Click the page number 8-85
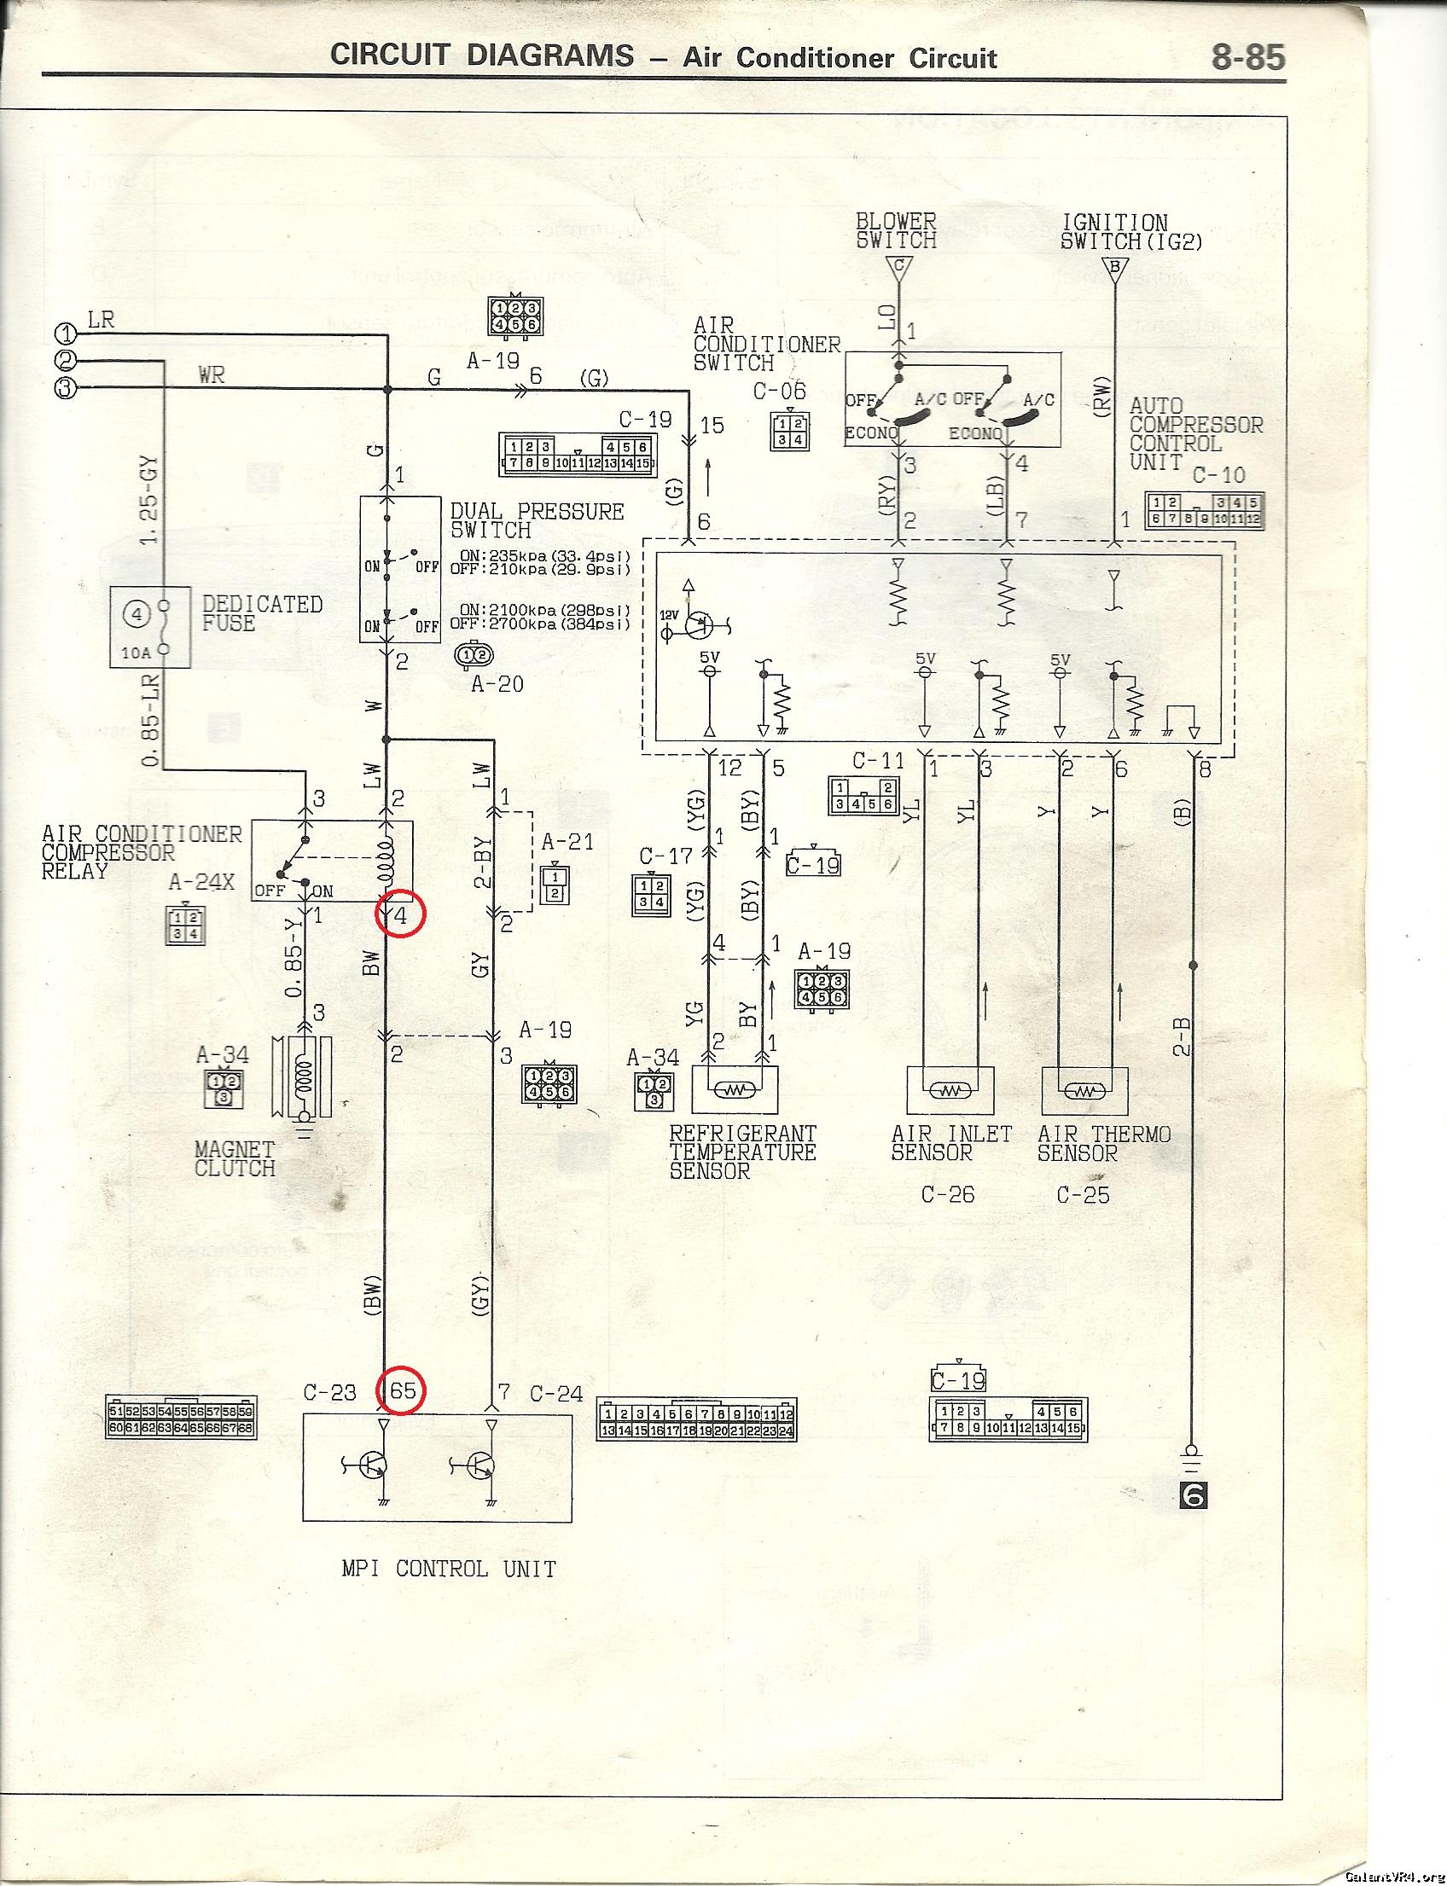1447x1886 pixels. (1247, 57)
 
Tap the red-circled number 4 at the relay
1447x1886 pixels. (399, 916)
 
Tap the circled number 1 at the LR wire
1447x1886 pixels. (67, 334)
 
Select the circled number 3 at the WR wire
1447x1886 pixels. (67, 387)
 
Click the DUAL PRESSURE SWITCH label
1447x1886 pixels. (537, 520)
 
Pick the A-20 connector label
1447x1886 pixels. (497, 684)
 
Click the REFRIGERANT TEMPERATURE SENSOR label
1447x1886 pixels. (741, 1152)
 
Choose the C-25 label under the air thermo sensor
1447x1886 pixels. (1083, 1194)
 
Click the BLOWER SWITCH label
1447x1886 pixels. (896, 231)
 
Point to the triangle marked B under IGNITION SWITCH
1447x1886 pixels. (1114, 267)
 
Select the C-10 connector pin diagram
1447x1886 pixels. (1204, 511)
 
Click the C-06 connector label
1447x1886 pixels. (780, 391)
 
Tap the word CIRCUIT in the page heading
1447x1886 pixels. (389, 56)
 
